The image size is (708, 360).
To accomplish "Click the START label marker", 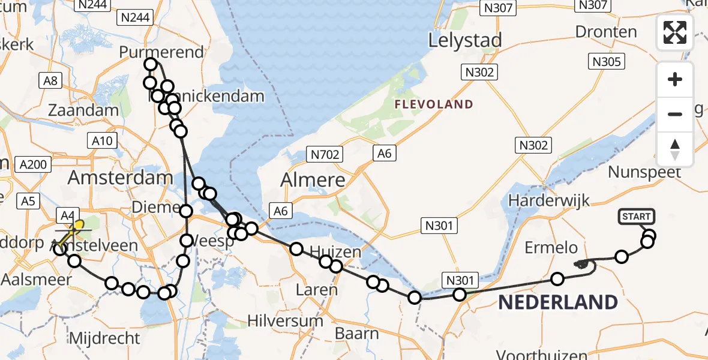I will coord(636,217).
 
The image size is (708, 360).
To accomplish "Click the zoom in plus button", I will coord(675,79).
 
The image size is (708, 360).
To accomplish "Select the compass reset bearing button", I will coord(675,149).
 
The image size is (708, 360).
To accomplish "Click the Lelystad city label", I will coord(464,41).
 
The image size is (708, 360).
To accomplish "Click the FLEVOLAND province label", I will coord(434,104).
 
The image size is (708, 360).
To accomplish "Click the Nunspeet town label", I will coord(644,172).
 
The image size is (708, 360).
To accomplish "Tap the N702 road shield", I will coord(326,155).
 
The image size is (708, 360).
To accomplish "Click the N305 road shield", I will coord(608,61).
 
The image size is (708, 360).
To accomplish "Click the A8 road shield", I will coord(50,80).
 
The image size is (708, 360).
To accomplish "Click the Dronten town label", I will coord(606,32).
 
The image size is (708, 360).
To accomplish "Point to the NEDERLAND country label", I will coord(557,302).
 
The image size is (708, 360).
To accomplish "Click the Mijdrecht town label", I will coord(105,338).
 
